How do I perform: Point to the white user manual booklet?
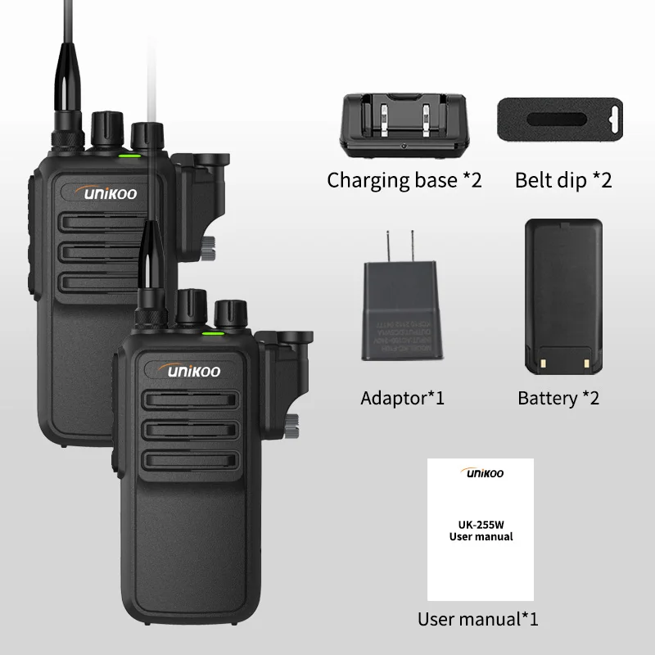click(481, 530)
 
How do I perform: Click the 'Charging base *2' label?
click(404, 180)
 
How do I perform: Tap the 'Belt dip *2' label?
click(563, 180)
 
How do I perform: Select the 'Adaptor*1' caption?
click(402, 399)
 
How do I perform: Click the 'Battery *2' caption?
click(558, 399)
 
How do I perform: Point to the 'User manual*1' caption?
click(477, 619)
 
